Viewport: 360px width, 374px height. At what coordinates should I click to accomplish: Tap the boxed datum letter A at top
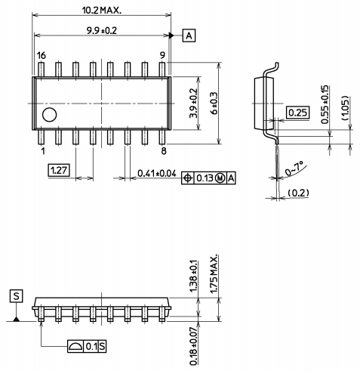tap(189, 36)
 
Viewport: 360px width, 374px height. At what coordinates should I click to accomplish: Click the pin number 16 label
tap(42, 56)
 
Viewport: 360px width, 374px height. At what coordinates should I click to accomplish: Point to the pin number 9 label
tap(162, 56)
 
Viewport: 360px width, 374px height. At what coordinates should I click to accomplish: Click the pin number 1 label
tap(43, 150)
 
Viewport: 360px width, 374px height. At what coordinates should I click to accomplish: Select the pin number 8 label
tap(162, 150)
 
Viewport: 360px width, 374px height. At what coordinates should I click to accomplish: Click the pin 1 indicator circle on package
tap(50, 116)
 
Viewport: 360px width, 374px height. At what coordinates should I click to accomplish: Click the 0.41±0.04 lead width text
tap(157, 174)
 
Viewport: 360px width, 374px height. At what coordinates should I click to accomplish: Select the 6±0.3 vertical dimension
tap(214, 104)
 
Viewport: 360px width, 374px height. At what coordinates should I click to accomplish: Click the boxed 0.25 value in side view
tap(297, 113)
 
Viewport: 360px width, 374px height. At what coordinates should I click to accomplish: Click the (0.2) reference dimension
tap(299, 193)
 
